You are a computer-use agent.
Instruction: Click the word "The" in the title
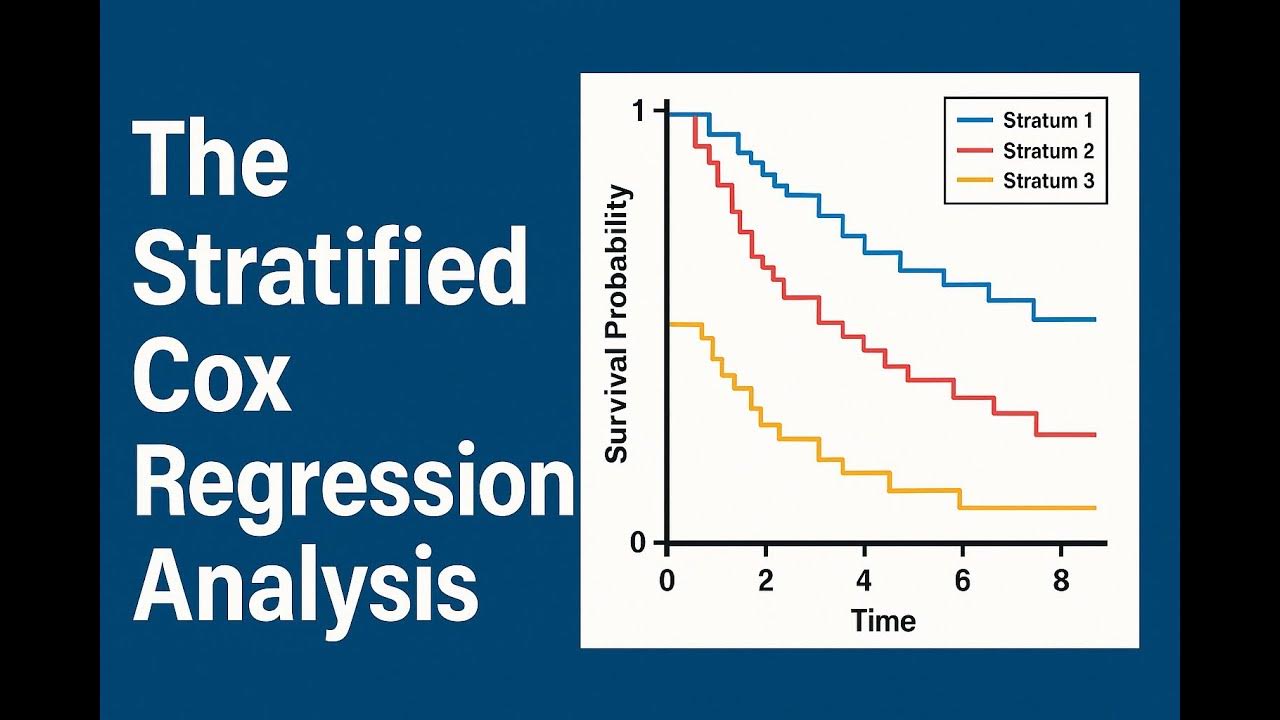coord(211,163)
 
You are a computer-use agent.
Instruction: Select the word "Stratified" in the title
coord(330,268)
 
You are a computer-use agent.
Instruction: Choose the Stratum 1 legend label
coord(1048,121)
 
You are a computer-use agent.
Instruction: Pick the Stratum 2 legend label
coord(1048,151)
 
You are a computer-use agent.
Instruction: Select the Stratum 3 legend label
coord(1048,181)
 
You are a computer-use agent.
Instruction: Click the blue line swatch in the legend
coord(975,121)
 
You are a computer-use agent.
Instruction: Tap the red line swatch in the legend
coord(975,151)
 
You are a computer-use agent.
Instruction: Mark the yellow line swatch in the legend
coord(975,181)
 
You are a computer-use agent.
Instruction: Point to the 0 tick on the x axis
coord(667,581)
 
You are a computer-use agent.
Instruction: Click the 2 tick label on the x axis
coord(765,581)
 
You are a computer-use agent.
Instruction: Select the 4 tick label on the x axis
coord(864,581)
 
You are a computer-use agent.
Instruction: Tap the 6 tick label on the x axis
coord(962,581)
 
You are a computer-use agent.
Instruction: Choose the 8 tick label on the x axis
coord(1061,581)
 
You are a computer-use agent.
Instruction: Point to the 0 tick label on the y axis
coord(637,543)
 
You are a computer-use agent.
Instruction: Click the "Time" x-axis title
coord(883,621)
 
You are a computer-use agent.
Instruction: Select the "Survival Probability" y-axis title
coord(618,325)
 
